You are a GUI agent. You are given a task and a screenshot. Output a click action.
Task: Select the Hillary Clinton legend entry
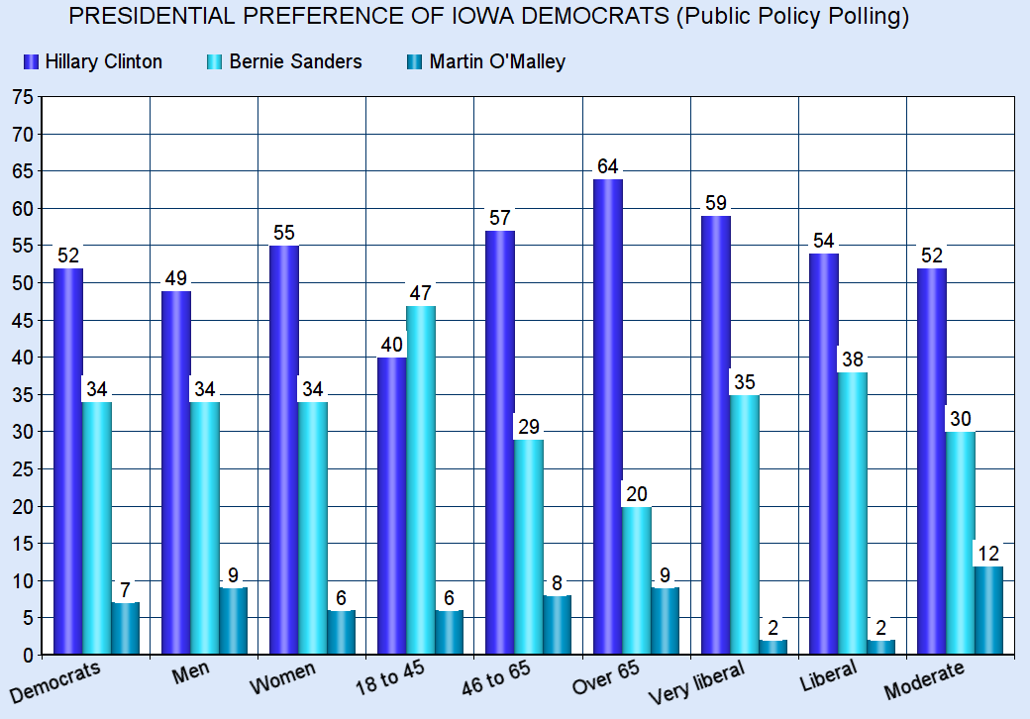click(93, 61)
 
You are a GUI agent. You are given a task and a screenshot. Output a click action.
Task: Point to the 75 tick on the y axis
click(22, 97)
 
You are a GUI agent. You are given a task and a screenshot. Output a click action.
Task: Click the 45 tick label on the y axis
click(22, 321)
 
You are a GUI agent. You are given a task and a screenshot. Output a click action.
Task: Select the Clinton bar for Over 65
click(608, 416)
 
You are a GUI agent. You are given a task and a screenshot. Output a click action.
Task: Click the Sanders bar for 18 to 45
click(421, 480)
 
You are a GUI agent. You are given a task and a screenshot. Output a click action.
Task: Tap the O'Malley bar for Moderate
click(989, 610)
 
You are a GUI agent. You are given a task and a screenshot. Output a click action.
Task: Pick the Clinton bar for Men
click(176, 472)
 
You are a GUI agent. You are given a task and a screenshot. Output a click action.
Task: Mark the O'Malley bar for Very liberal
click(772, 648)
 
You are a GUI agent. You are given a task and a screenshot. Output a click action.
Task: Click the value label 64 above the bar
click(608, 165)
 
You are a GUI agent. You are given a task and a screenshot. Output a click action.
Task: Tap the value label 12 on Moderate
click(989, 553)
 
